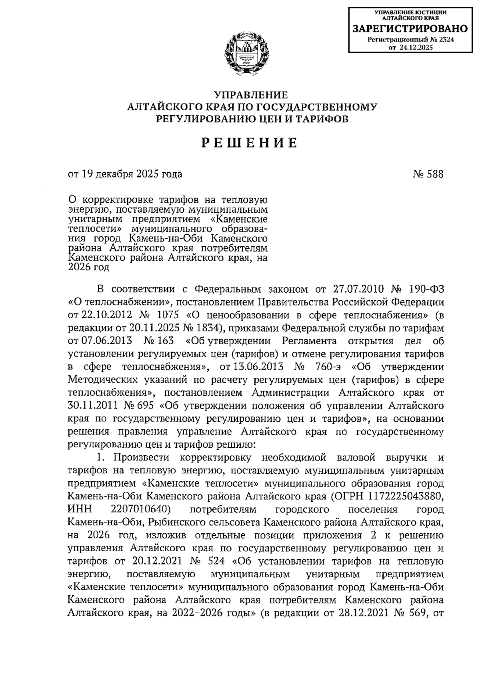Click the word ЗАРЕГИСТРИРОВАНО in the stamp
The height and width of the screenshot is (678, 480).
pyautogui.click(x=410, y=28)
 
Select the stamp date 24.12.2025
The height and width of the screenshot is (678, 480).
pyautogui.click(x=415, y=47)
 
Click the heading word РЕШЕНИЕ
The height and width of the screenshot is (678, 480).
pyautogui.click(x=250, y=143)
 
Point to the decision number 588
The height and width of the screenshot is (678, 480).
pyautogui.click(x=434, y=174)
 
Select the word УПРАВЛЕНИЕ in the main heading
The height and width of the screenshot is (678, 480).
pyautogui.click(x=251, y=95)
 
